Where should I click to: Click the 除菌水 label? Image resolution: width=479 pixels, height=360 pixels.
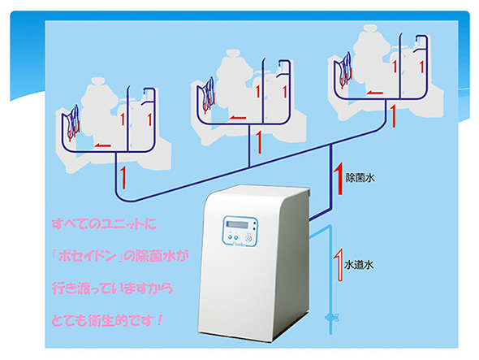click(x=360, y=178)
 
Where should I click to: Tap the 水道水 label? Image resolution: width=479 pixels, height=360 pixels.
click(x=359, y=265)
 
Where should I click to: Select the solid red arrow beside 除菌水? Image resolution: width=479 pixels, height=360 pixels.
click(x=339, y=180)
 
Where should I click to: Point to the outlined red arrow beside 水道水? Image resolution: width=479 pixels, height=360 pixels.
click(x=339, y=265)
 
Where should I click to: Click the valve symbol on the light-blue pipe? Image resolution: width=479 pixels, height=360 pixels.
click(x=331, y=318)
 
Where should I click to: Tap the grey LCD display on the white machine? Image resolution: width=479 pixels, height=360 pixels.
click(x=237, y=224)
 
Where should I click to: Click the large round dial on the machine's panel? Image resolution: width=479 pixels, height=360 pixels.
click(x=249, y=239)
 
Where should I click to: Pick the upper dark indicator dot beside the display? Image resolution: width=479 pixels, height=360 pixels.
click(x=254, y=224)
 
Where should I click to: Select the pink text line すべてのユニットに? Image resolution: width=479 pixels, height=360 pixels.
click(x=104, y=224)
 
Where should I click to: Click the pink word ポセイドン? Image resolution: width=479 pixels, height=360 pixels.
click(x=88, y=256)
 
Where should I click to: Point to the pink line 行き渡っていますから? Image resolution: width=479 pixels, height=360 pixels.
click(x=112, y=288)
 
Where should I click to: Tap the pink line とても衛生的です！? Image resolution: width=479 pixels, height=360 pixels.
click(x=107, y=320)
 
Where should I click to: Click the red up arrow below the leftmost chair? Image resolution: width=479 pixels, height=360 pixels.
click(x=123, y=178)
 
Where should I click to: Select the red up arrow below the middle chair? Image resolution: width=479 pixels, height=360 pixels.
click(x=259, y=142)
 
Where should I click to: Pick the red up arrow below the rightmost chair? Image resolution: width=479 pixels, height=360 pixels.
click(x=393, y=116)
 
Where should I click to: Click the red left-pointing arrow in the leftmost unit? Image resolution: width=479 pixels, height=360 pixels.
click(x=102, y=145)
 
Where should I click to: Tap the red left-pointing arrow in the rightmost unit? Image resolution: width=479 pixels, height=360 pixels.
click(x=374, y=93)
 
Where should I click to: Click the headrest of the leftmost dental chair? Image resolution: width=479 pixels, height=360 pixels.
click(x=98, y=82)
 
